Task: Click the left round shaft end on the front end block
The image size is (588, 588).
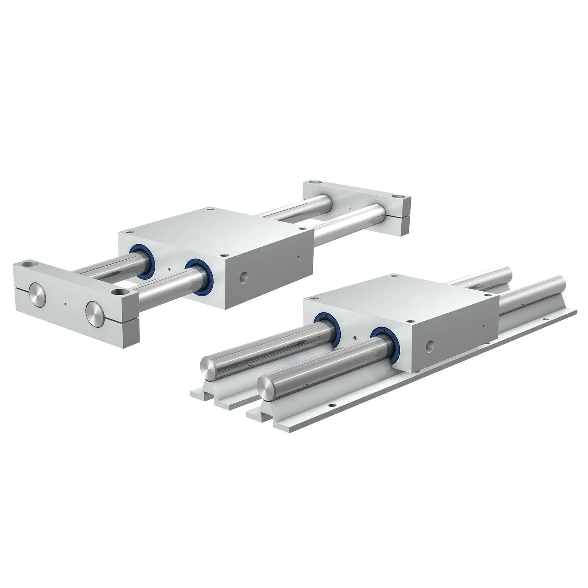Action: click(x=38, y=297)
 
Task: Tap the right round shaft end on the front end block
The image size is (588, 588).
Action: click(x=95, y=313)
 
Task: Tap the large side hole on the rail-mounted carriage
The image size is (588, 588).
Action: click(x=430, y=346)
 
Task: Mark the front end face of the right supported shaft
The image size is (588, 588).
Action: click(x=266, y=387)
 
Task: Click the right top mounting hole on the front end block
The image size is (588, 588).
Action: click(x=116, y=292)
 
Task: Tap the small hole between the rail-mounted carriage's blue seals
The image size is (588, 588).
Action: click(x=354, y=338)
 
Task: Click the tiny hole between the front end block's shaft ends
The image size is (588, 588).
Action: click(x=65, y=304)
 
